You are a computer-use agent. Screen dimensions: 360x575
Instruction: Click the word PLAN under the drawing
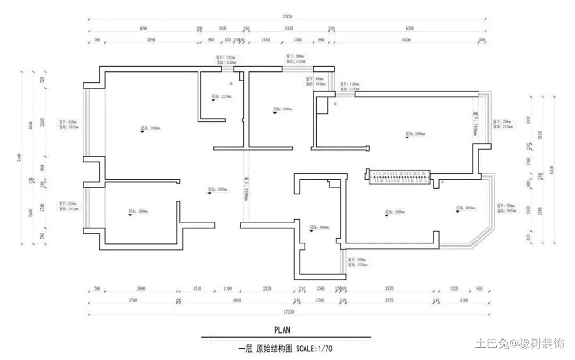click(x=282, y=330)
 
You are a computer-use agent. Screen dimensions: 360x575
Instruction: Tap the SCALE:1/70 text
click(x=315, y=348)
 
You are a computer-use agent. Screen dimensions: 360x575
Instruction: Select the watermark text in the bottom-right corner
click(x=519, y=344)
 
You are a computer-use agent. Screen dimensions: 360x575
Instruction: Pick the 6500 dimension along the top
click(x=410, y=28)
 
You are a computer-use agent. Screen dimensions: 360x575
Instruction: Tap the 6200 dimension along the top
click(x=406, y=40)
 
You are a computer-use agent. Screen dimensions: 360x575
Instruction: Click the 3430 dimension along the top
click(x=289, y=28)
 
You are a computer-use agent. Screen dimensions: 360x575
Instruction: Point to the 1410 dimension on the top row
click(x=266, y=40)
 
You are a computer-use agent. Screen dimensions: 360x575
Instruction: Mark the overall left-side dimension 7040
click(x=20, y=156)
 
